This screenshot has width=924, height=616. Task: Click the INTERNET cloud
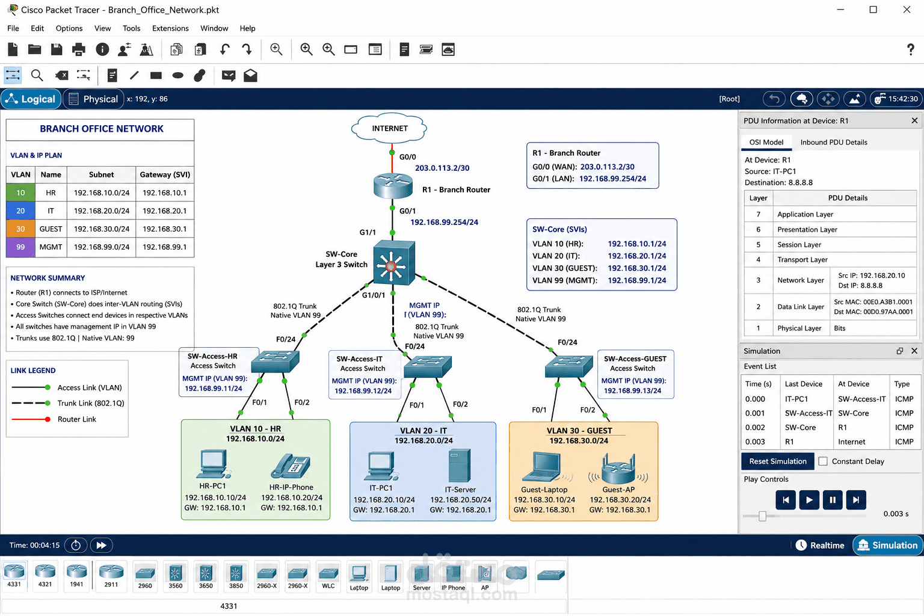click(389, 128)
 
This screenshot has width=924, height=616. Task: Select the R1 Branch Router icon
click(393, 186)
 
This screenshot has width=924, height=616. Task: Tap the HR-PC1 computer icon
click(214, 464)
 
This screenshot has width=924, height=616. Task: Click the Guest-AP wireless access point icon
click(618, 469)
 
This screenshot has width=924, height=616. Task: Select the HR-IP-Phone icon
click(291, 466)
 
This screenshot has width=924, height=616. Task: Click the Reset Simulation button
click(778, 461)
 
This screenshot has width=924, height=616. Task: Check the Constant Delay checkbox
click(823, 461)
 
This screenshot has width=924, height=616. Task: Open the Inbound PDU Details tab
click(833, 143)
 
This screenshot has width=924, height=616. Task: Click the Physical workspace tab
click(94, 99)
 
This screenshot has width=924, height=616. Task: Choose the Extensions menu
click(170, 28)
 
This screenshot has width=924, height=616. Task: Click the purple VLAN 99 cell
click(20, 247)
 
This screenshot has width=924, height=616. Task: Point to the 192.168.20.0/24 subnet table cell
click(102, 211)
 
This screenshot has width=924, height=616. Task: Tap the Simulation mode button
click(887, 546)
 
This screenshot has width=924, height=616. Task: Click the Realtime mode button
click(820, 546)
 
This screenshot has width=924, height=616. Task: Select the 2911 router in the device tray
click(111, 574)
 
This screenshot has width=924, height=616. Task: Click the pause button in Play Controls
click(833, 500)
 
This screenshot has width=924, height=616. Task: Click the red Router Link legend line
click(31, 419)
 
